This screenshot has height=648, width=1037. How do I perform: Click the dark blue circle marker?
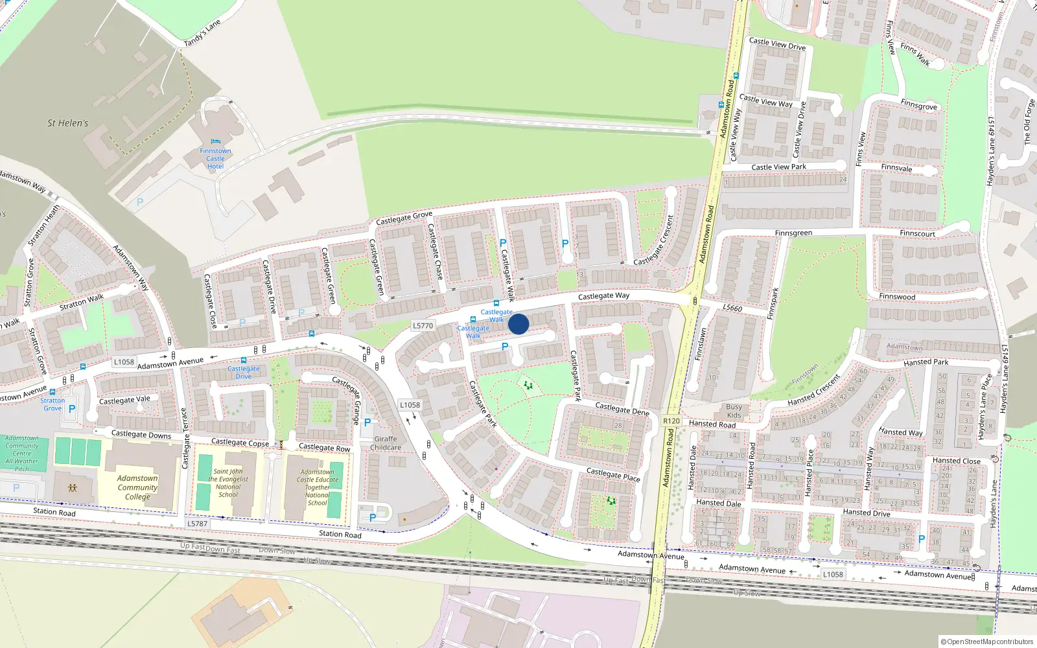(518, 324)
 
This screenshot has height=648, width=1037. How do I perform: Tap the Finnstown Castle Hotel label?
(215, 159)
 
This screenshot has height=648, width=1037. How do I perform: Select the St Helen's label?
(67, 123)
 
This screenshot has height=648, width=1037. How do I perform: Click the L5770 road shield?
(423, 326)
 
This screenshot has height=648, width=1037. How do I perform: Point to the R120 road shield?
(671, 421)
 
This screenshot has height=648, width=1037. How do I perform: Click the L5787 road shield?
(197, 524)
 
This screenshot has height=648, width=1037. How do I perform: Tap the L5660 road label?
(732, 308)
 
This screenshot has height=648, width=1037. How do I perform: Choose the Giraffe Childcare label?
(386, 443)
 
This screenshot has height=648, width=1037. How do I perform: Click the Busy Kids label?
(734, 411)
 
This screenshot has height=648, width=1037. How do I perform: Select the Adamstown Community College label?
(137, 487)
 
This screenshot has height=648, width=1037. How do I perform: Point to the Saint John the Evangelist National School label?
(228, 483)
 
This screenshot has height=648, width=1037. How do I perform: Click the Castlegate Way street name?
(603, 296)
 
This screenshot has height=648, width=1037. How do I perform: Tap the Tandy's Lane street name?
(202, 33)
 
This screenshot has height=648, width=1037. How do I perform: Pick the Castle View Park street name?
(778, 167)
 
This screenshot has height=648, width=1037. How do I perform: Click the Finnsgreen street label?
(793, 233)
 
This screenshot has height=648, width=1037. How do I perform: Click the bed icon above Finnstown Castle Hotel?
(215, 142)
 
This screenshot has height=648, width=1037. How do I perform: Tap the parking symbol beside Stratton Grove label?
(72, 409)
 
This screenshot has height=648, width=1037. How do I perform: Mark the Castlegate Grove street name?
(404, 218)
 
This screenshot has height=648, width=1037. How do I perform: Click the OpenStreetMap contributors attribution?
(987, 642)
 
